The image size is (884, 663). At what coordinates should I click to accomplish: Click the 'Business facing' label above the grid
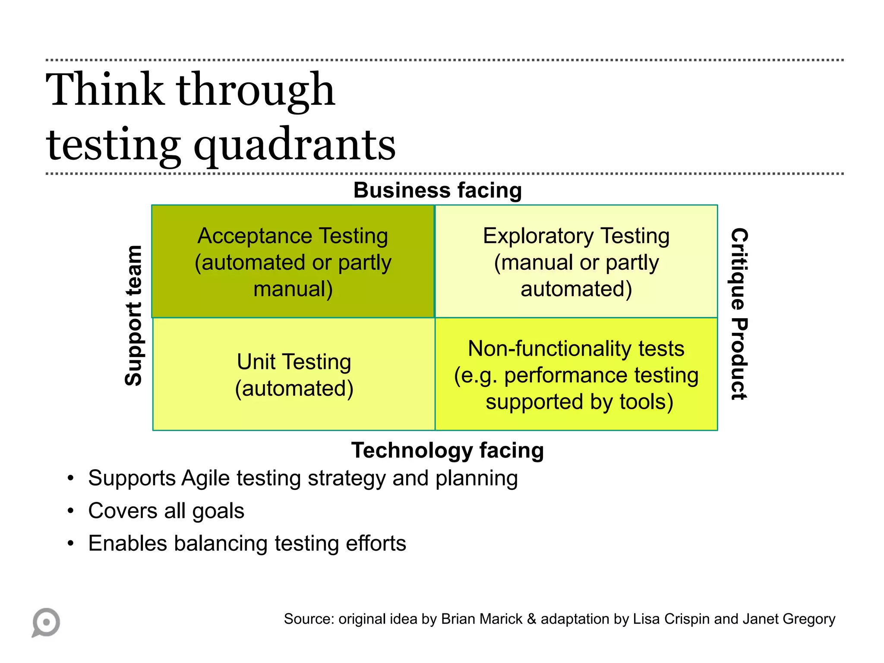[x=437, y=190]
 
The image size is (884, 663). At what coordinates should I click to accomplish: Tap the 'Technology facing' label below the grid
[x=447, y=450]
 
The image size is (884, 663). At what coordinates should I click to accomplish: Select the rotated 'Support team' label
[x=133, y=316]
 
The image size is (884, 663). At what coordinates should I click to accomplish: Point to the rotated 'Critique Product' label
[x=739, y=314]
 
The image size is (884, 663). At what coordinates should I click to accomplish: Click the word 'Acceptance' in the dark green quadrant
[x=255, y=236]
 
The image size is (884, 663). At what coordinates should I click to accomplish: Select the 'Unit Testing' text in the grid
[x=294, y=362]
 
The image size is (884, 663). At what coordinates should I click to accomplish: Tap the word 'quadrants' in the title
[x=294, y=145]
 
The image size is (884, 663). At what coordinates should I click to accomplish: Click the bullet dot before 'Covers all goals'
[x=71, y=511]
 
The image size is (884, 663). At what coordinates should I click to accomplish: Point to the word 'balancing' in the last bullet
[x=221, y=543]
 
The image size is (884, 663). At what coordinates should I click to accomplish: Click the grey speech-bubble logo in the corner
[x=46, y=622]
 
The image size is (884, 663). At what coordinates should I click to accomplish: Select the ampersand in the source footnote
[x=531, y=619]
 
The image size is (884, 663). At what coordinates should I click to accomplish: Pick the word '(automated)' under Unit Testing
[x=294, y=388]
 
